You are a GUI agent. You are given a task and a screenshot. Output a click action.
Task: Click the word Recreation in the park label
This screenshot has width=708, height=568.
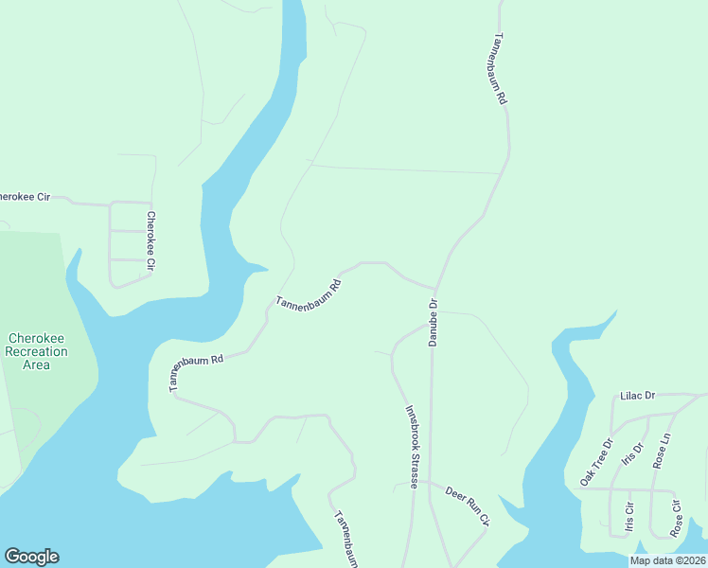(36, 351)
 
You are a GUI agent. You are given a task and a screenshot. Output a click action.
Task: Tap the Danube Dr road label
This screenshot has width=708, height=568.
(434, 323)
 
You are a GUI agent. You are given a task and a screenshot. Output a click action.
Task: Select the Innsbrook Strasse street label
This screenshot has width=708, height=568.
(413, 447)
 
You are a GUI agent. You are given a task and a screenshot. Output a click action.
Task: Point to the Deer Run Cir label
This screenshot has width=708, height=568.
(468, 506)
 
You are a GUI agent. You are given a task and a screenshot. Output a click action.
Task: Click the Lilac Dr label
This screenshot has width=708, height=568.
(637, 396)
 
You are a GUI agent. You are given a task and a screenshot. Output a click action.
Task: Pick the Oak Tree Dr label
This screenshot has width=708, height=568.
(596, 462)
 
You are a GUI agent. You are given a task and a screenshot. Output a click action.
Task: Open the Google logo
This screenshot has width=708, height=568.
(31, 557)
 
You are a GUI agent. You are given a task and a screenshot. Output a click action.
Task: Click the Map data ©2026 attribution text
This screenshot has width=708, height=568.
(667, 560)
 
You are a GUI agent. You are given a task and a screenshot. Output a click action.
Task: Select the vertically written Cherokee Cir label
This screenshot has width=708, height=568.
(150, 241)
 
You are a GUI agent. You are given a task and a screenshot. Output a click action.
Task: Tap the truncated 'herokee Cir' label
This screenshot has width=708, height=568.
(24, 197)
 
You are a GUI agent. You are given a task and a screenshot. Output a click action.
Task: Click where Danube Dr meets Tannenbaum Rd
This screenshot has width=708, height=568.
(435, 289)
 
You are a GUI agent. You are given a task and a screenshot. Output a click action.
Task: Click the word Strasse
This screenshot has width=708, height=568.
(414, 467)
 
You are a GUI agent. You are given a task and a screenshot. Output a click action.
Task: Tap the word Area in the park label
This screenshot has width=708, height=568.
(36, 364)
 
